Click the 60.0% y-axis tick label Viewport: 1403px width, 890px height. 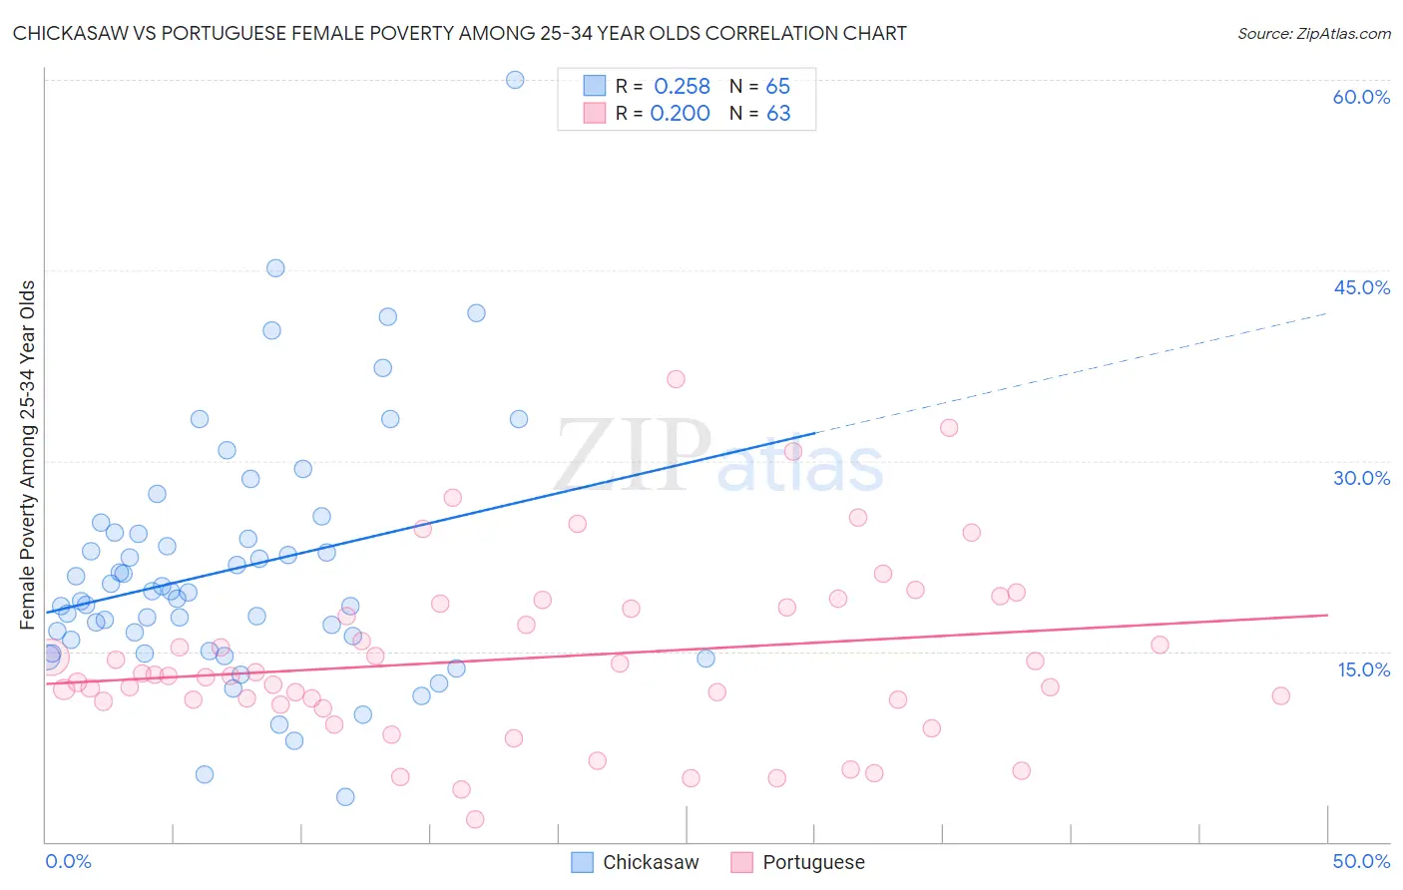coord(1361,97)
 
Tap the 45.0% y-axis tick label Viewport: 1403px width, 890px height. coord(1361,287)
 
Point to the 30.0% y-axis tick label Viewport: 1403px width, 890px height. coord(1361,478)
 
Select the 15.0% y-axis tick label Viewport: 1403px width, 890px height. coord(1363,669)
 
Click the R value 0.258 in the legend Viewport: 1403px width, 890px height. coord(682,87)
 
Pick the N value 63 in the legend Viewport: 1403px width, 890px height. coord(778,114)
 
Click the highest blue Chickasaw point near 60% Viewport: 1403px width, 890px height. coord(515,80)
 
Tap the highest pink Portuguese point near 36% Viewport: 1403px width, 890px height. coord(676,379)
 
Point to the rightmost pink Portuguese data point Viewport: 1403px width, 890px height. coord(1281,695)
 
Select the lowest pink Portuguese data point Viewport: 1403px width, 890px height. coord(475,819)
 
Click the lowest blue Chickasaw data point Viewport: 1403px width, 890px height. coord(345,796)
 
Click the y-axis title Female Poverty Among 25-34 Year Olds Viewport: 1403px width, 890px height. coord(28,455)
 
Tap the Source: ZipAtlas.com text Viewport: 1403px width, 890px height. coord(1313,34)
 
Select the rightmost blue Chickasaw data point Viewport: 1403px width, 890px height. coord(705,659)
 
